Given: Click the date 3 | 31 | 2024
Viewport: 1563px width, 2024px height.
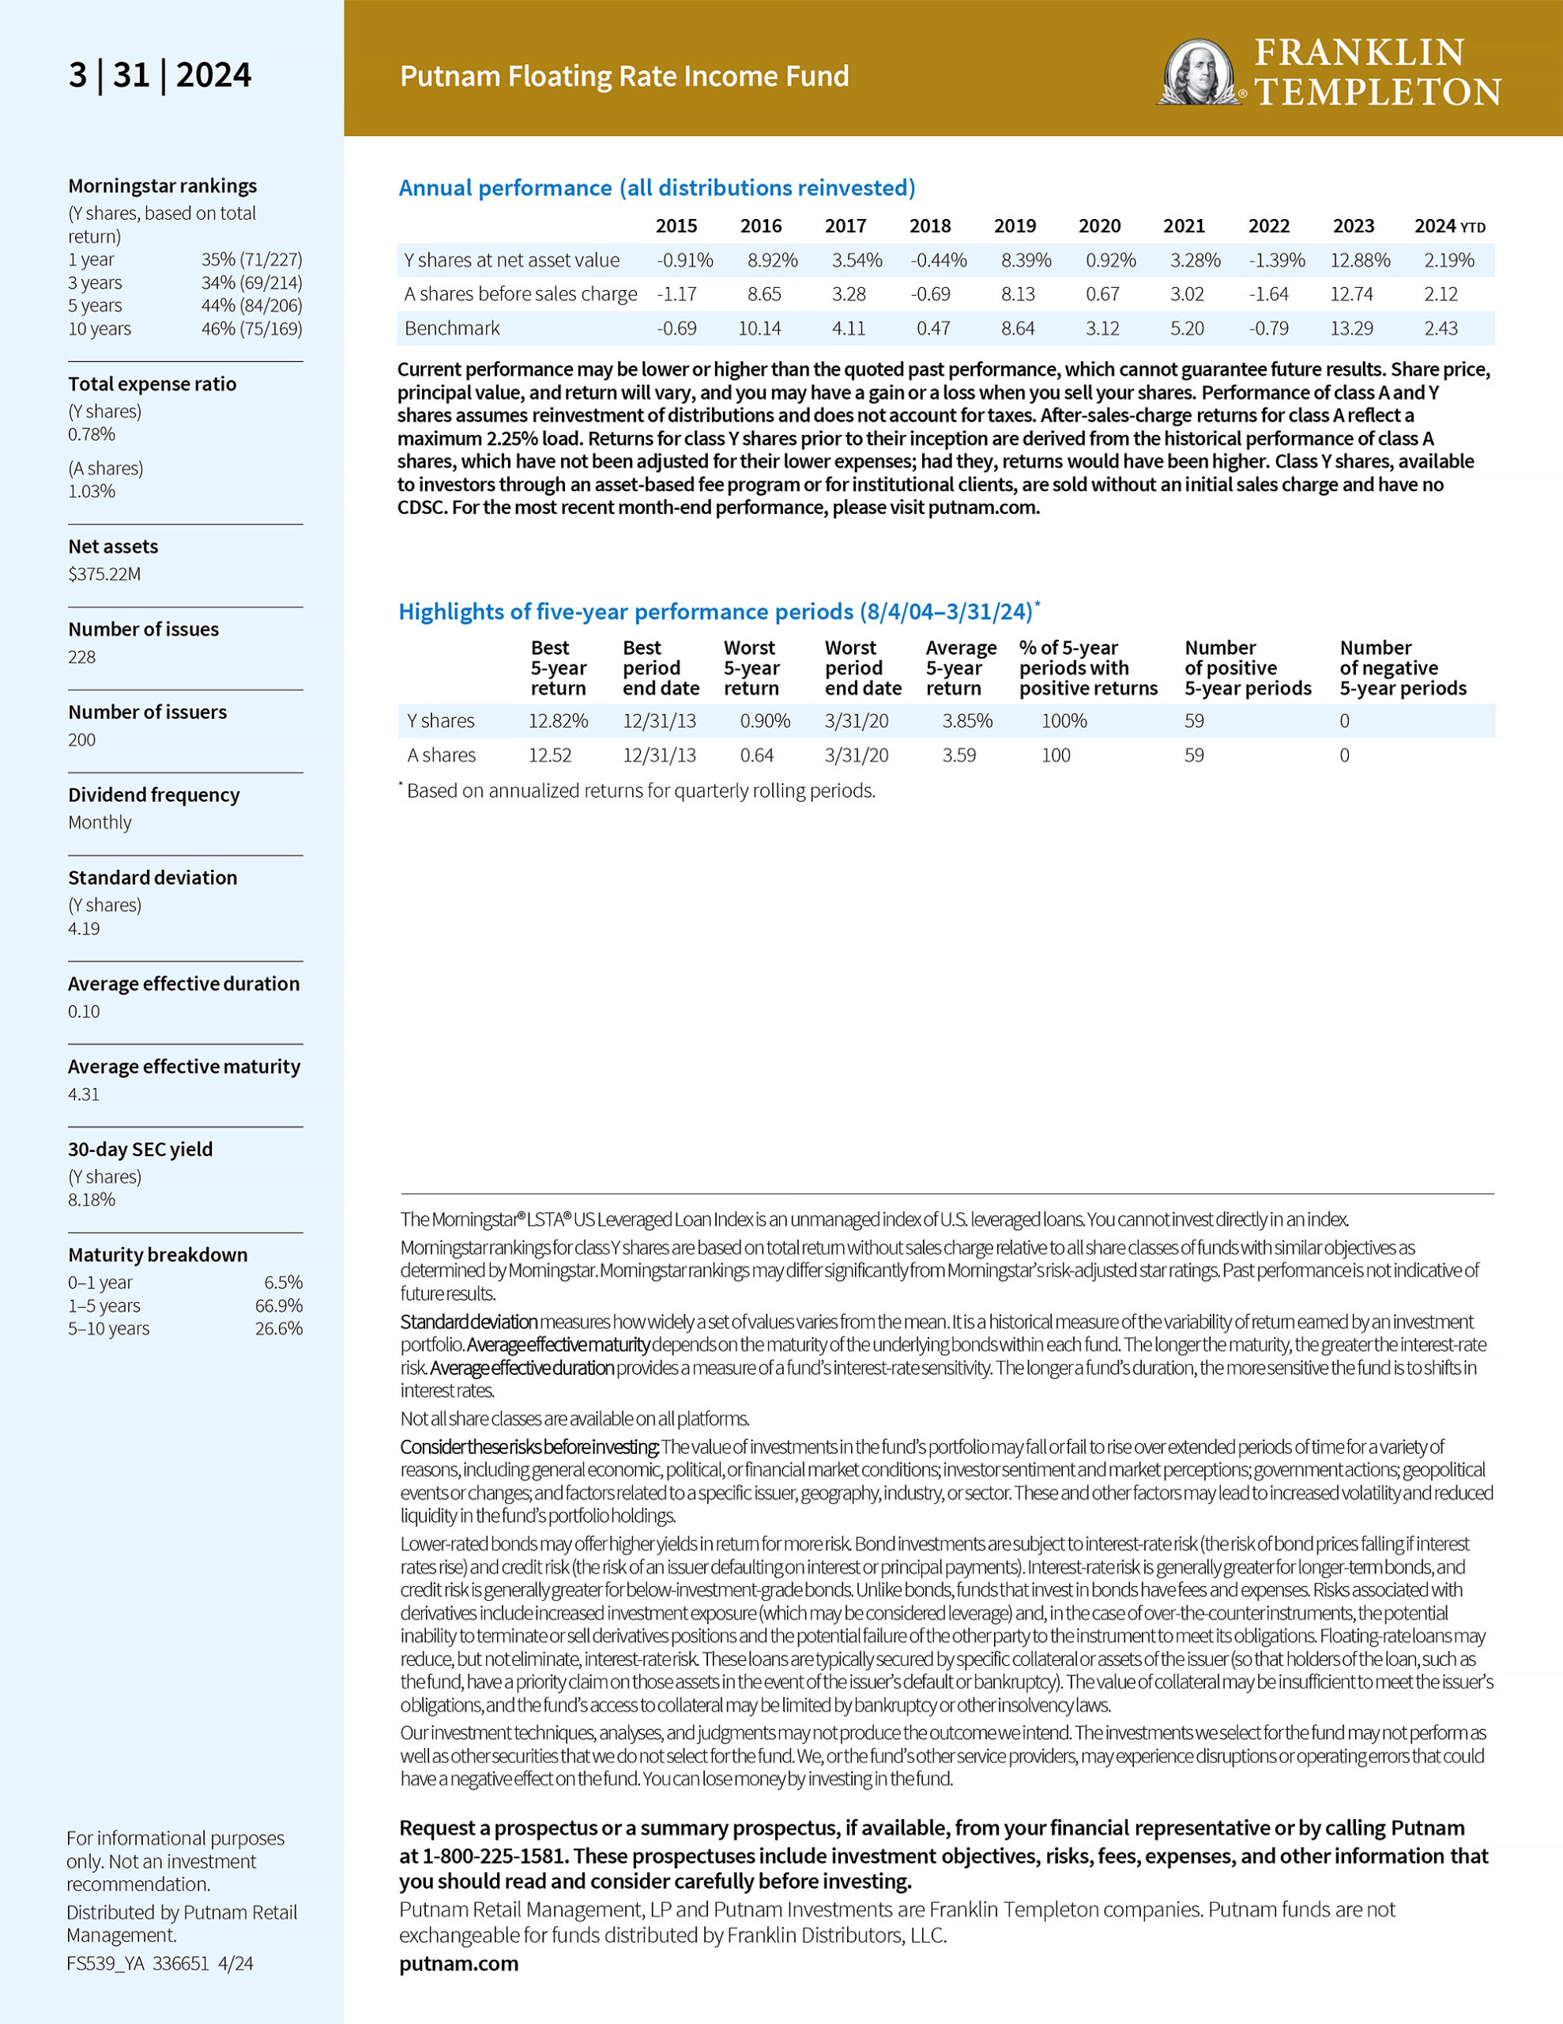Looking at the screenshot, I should tap(160, 75).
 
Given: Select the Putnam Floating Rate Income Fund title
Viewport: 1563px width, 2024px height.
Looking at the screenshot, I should tap(623, 76).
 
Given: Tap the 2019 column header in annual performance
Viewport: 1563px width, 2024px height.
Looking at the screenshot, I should tap(1015, 226).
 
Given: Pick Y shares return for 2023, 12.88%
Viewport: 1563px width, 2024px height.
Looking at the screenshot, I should tap(1359, 260).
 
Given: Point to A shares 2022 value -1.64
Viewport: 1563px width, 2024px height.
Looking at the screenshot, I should tap(1267, 295).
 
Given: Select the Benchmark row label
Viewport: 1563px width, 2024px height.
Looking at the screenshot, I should tap(452, 328).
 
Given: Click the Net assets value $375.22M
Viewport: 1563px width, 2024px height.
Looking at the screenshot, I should tap(104, 574).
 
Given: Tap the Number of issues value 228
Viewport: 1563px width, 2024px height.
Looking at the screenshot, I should tap(81, 657).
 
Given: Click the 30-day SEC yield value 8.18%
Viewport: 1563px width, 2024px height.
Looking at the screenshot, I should tap(92, 1200).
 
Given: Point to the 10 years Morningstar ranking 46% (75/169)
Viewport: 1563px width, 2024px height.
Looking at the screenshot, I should tap(251, 329).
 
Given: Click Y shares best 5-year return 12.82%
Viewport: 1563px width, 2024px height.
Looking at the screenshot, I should tap(558, 721).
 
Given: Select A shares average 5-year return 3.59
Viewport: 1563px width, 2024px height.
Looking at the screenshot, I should tap(959, 755).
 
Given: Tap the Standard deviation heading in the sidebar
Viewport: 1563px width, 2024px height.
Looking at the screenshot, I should tap(153, 878).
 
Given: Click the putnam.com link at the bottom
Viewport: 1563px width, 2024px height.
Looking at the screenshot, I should tap(458, 1963).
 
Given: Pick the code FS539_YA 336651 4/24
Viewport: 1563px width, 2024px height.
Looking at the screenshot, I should tap(160, 1963).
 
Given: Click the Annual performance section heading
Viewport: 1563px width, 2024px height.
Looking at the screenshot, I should tap(657, 188).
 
